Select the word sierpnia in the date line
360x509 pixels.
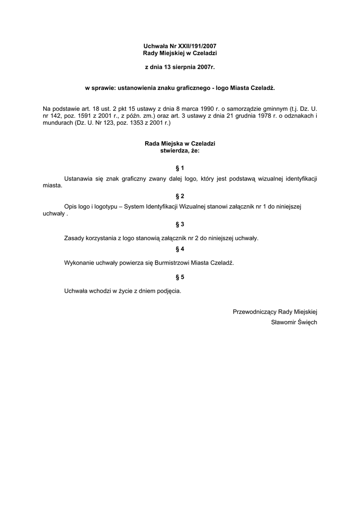click(x=190, y=66)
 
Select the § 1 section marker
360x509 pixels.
click(x=180, y=168)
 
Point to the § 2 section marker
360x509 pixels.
click(x=180, y=196)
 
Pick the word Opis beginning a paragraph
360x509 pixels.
click(x=71, y=206)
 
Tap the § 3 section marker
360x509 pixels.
click(x=180, y=224)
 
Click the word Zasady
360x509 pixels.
click(x=75, y=238)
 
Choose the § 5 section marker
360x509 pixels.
click(x=180, y=277)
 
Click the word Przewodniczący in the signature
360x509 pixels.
click(x=254, y=312)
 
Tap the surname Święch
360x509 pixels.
click(x=305, y=322)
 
